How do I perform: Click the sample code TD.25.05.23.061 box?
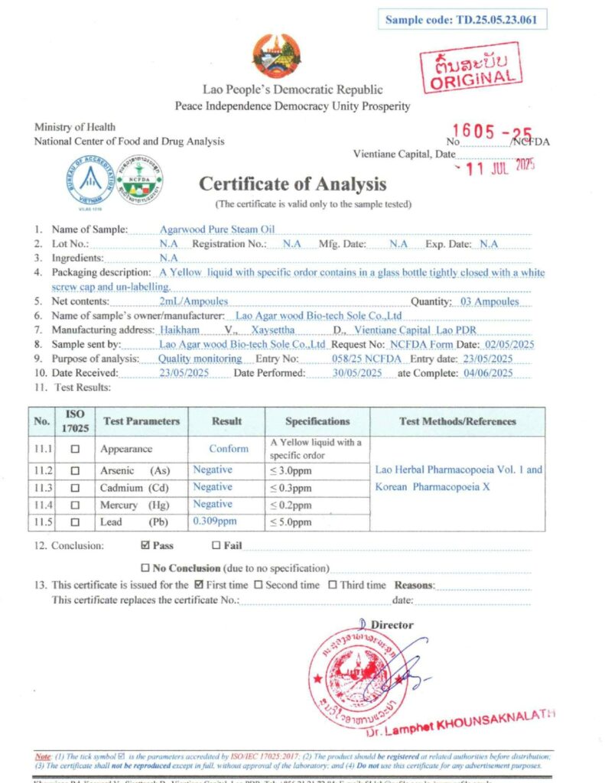click(462, 20)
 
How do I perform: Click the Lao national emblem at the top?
click(276, 56)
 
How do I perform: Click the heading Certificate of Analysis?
click(293, 184)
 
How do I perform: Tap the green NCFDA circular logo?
click(138, 180)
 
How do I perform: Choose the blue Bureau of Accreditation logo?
click(90, 180)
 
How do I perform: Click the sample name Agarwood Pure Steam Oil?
click(216, 229)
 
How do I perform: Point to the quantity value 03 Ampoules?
click(490, 301)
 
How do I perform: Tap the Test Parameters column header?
click(141, 421)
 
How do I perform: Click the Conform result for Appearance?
click(229, 449)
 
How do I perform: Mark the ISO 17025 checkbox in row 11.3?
click(75, 488)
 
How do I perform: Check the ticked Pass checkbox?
click(145, 546)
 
